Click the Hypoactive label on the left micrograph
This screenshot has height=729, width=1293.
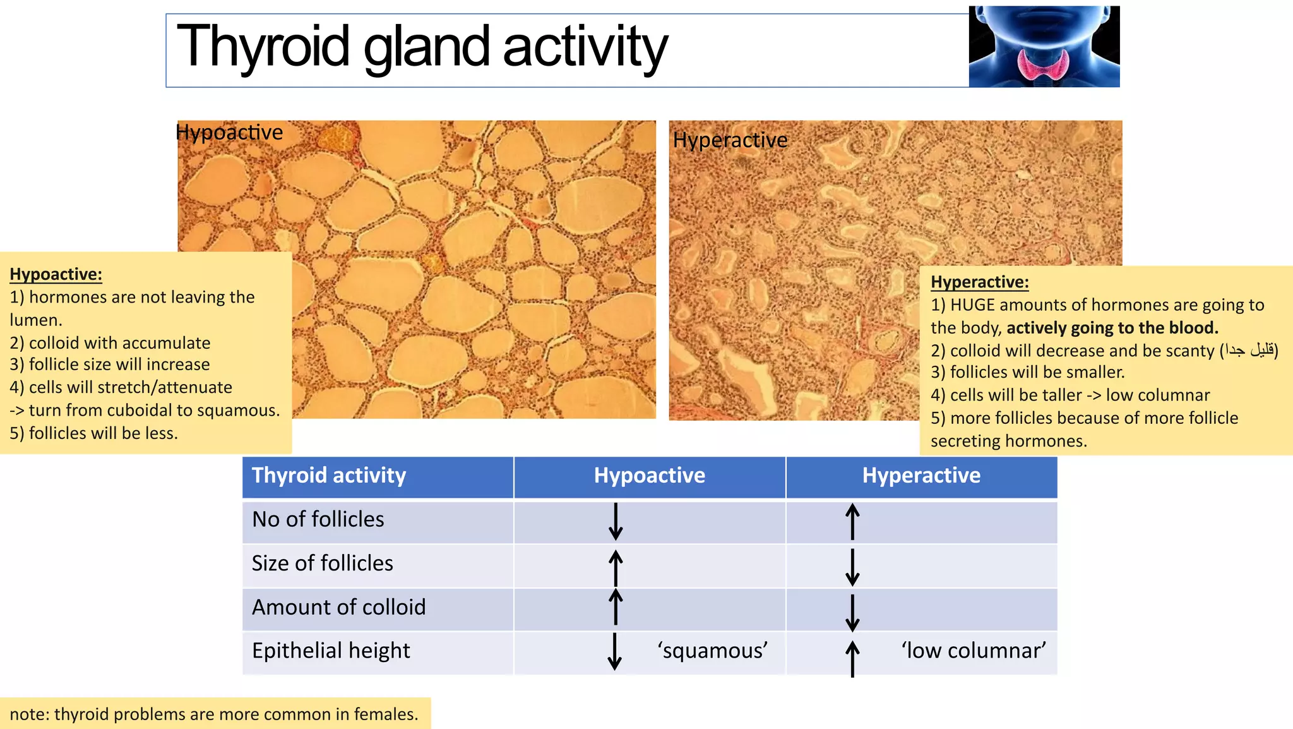click(x=229, y=133)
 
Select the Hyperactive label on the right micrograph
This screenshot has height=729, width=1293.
click(x=730, y=140)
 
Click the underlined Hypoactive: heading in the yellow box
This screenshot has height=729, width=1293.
click(x=56, y=274)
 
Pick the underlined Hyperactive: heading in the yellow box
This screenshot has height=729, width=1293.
click(x=979, y=282)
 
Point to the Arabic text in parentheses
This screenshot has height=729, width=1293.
click(x=1248, y=350)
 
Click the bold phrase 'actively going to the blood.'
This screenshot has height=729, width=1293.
click(x=1112, y=328)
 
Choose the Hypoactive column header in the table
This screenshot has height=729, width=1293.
click(x=649, y=476)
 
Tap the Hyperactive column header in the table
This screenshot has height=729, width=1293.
click(x=921, y=476)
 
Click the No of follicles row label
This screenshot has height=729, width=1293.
click(x=318, y=519)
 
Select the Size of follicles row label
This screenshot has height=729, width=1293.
click(x=322, y=563)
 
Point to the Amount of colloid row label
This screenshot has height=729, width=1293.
click(x=338, y=607)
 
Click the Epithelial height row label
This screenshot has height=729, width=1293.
click(x=331, y=651)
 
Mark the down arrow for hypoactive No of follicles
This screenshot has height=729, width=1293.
click(x=616, y=521)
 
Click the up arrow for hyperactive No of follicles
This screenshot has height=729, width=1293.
click(x=852, y=521)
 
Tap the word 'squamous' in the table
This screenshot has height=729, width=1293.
click(x=712, y=651)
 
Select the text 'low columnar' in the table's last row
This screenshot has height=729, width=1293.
click(x=973, y=651)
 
